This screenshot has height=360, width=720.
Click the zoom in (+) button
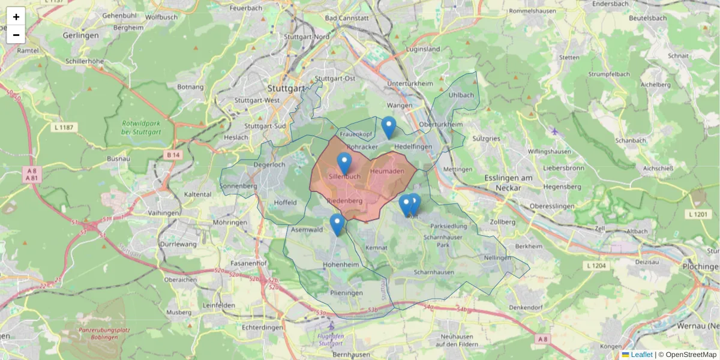point(16,17)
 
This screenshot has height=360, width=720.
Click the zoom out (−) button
point(16,35)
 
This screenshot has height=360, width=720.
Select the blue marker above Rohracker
point(389,127)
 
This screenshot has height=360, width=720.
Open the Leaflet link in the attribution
point(641,355)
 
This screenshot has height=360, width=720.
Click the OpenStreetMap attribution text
point(691,355)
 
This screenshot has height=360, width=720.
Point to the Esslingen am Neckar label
point(508,182)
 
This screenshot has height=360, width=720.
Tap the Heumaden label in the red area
point(387,172)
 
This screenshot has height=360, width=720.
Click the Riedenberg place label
point(345,201)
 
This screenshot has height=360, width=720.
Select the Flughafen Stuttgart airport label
point(331,340)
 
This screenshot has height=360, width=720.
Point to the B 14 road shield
point(173,155)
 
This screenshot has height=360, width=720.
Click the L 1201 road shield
point(698,214)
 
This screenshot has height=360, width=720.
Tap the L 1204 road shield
point(597,265)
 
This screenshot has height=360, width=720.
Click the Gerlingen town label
point(80,36)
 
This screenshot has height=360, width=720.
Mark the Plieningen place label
point(346,293)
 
